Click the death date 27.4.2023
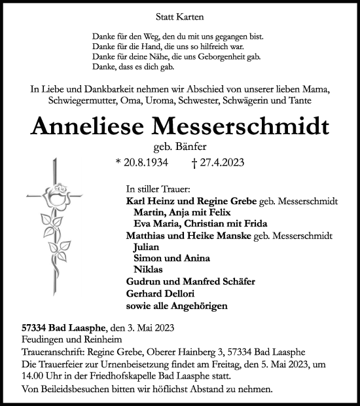217,164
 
